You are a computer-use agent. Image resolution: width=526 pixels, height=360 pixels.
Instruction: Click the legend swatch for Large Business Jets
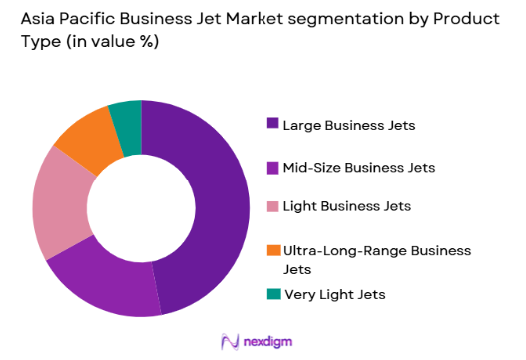(x=272, y=124)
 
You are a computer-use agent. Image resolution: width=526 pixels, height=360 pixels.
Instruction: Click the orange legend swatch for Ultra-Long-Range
(x=272, y=249)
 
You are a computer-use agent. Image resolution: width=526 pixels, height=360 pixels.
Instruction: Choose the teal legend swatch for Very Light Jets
(x=272, y=293)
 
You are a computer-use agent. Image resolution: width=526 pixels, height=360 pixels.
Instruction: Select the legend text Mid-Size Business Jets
(x=359, y=166)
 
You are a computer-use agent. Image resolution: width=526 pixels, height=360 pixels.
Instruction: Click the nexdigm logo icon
(x=229, y=340)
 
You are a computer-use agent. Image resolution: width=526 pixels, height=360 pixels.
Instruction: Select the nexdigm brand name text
(x=272, y=340)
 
